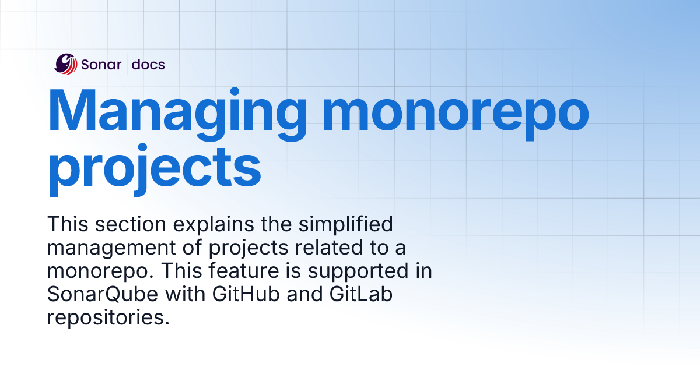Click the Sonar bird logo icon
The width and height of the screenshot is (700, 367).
(x=66, y=63)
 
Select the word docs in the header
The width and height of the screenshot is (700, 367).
(x=148, y=64)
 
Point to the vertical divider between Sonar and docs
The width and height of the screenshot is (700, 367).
(x=127, y=63)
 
